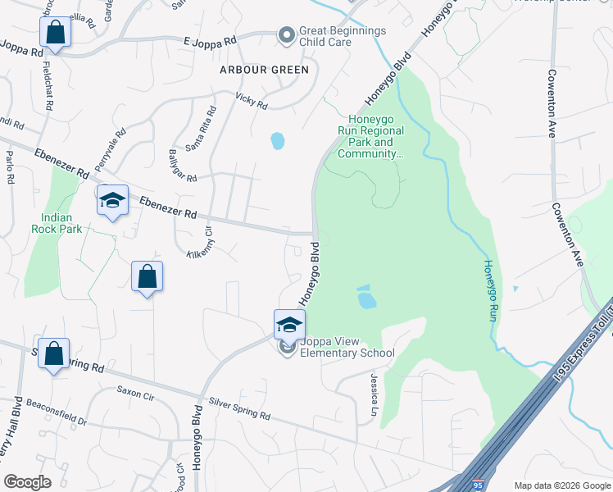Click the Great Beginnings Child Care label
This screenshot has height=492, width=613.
tap(342, 36)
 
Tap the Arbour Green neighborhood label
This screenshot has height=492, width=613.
tap(264, 70)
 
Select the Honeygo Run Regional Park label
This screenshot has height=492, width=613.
tap(370, 135)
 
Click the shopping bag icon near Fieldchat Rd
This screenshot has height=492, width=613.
tap(55, 33)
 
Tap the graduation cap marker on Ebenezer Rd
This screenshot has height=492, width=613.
tap(112, 200)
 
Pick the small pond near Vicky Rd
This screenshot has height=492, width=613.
tap(278, 141)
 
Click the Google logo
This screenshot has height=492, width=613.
tap(27, 482)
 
